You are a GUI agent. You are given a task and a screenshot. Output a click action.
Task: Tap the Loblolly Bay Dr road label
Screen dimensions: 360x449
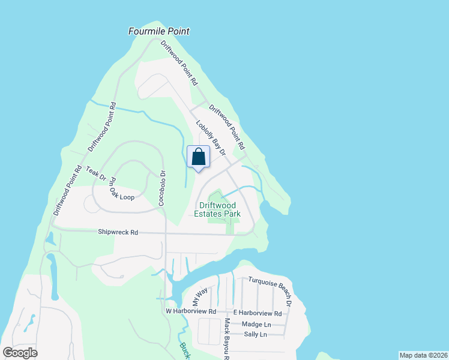[210, 139]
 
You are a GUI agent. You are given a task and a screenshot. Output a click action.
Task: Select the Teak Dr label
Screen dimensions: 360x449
[96, 174]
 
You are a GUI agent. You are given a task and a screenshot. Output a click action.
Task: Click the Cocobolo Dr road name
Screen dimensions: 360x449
[161, 188]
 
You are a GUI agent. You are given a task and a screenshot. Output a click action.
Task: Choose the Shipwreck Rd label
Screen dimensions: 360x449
[118, 232]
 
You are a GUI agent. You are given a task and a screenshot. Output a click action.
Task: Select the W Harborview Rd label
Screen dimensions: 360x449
[190, 311]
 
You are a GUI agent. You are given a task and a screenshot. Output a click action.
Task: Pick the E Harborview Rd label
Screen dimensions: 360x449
[257, 313]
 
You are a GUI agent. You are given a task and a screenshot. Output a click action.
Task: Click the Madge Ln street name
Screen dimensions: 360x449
[256, 324]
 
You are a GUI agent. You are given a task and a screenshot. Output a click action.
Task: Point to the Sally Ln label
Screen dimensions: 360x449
[255, 334]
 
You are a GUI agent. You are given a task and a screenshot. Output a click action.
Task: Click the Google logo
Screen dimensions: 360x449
[20, 352]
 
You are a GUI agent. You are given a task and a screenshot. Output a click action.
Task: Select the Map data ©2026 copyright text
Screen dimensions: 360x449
[423, 355]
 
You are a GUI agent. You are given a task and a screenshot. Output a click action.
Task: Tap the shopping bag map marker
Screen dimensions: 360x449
[199, 158]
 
